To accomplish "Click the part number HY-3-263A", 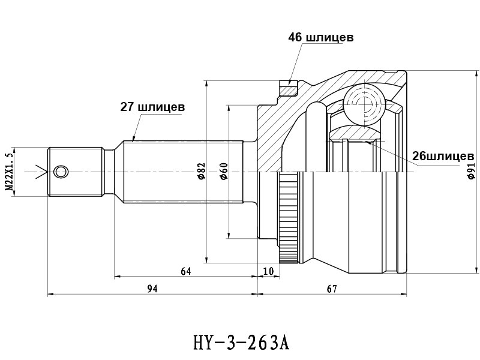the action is [x=241, y=343].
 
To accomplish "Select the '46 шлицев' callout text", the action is [x=320, y=37].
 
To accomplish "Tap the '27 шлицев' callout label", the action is [x=152, y=107].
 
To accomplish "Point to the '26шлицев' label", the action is [x=443, y=156].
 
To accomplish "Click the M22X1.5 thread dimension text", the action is [x=10, y=172].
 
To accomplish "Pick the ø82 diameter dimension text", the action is [x=201, y=172].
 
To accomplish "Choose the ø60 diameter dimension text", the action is [x=224, y=172].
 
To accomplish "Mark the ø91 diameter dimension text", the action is [x=471, y=171].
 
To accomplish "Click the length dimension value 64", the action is [x=186, y=271].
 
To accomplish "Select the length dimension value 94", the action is [x=152, y=289].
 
